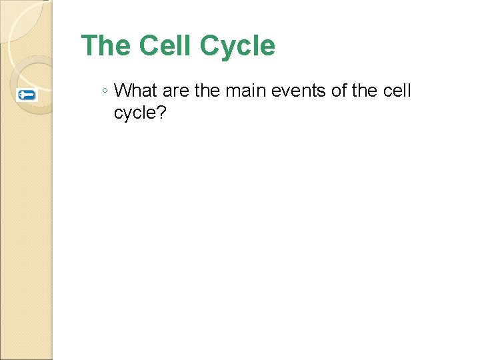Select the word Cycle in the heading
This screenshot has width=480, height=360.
237,46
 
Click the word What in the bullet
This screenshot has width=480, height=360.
135,91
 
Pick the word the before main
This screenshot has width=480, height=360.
207,91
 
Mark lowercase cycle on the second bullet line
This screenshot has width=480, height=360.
135,113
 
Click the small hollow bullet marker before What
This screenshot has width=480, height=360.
105,91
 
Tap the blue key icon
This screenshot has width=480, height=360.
27,95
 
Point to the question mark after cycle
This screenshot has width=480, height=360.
161,113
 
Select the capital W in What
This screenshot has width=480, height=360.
122,91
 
